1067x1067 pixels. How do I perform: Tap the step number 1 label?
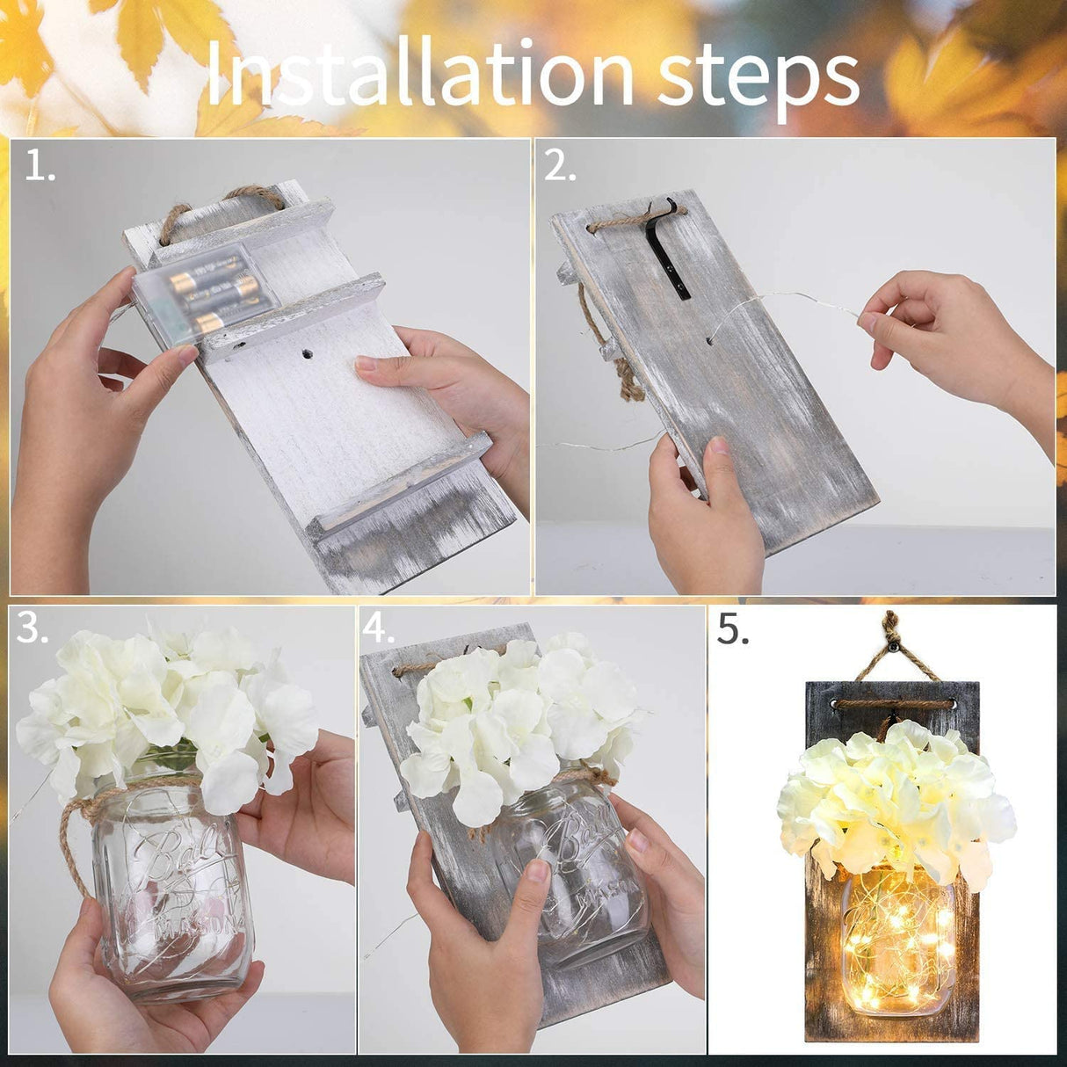(x=39, y=166)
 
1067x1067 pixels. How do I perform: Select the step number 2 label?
(x=560, y=166)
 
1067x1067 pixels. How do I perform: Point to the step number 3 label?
(x=33, y=629)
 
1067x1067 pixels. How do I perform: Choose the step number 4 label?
(x=379, y=629)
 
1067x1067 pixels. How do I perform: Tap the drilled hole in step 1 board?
(x=308, y=356)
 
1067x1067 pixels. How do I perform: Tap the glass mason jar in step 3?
(x=167, y=888)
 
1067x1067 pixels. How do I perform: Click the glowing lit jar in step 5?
(x=896, y=940)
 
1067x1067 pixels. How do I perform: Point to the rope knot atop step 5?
(x=892, y=631)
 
